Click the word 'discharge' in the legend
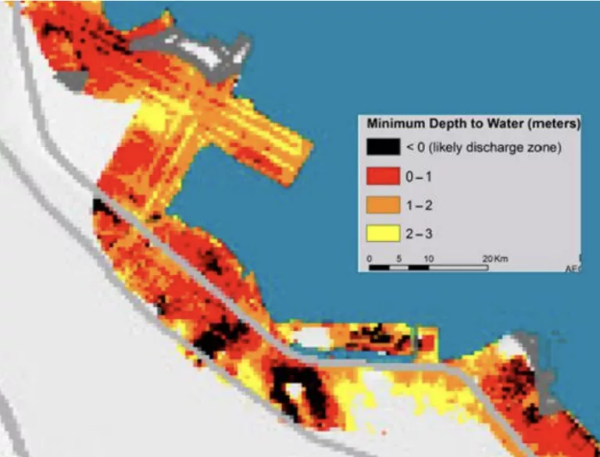(495, 148)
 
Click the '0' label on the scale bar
(370, 258)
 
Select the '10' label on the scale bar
(428, 258)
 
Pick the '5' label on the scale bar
(399, 258)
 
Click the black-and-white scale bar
(428, 267)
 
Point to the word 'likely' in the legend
(449, 148)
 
